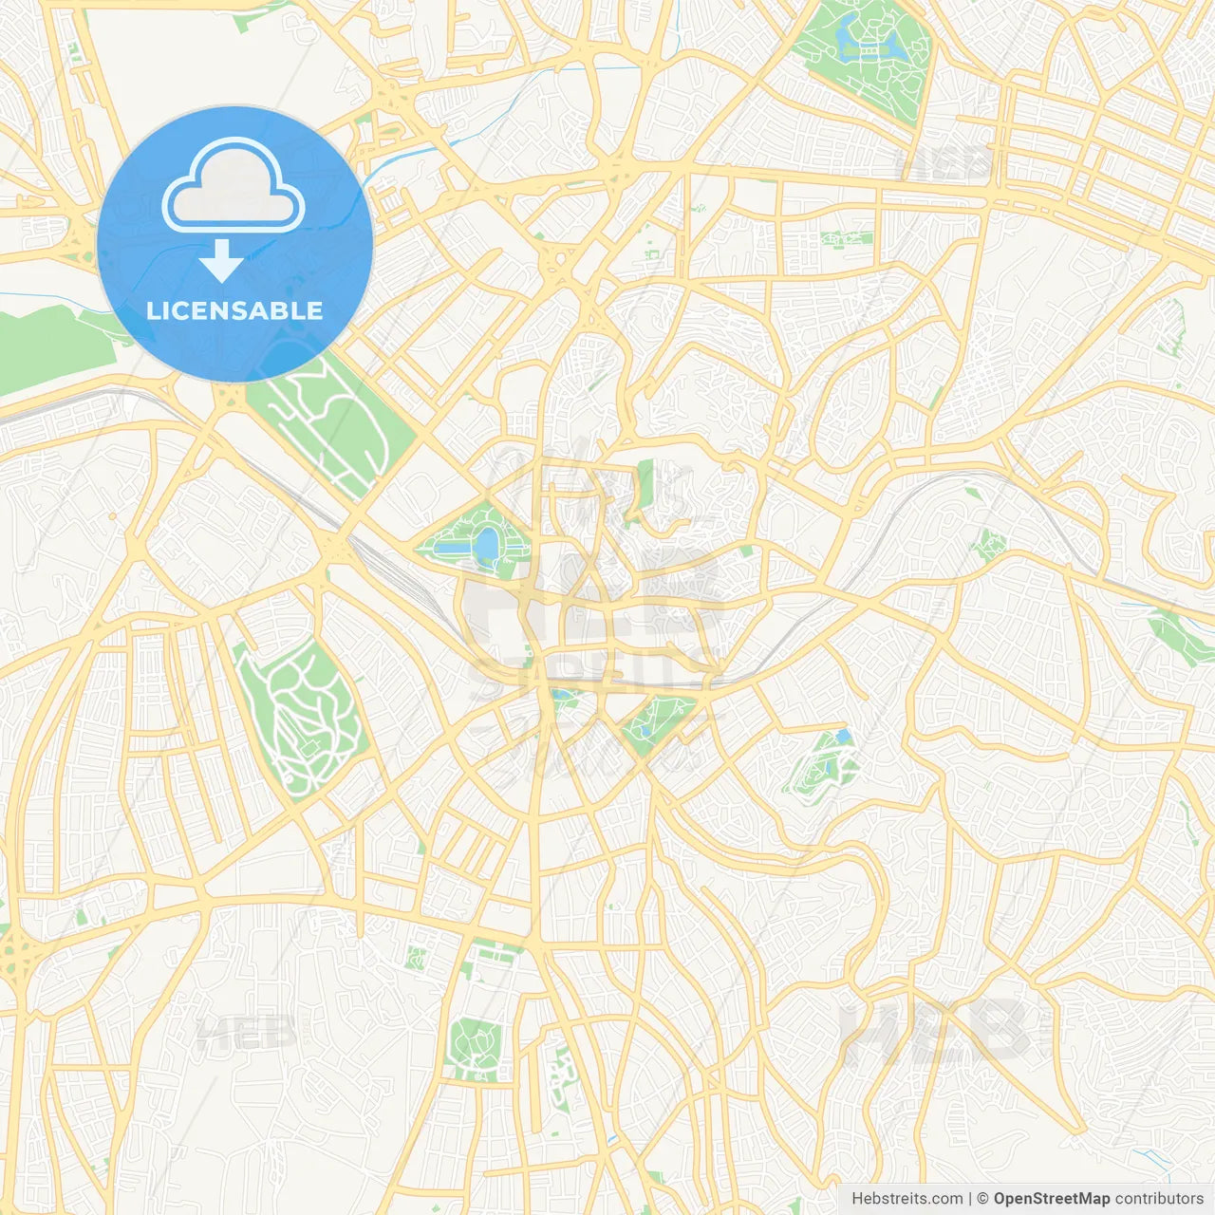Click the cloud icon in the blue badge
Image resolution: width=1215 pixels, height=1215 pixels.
tap(233, 187)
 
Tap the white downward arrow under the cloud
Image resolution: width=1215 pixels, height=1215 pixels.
tap(221, 260)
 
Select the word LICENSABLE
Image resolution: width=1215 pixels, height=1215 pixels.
tap(234, 310)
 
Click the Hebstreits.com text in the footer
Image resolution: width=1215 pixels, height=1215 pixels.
tap(907, 1199)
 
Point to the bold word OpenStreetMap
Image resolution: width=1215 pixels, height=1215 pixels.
tap(1052, 1199)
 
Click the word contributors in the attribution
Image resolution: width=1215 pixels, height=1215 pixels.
tap(1158, 1199)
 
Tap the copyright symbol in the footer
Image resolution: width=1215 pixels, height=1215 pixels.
tap(982, 1199)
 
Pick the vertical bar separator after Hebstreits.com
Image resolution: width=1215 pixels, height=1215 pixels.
tap(970, 1199)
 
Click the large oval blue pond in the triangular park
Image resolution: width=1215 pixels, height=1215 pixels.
tap(486, 545)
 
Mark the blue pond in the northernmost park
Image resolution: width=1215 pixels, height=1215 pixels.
tap(845, 35)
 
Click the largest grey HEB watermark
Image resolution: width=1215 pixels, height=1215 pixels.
tap(935, 1030)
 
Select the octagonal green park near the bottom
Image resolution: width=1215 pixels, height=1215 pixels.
tap(475, 1048)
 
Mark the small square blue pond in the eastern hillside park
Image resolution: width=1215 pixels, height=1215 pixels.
tap(842, 737)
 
